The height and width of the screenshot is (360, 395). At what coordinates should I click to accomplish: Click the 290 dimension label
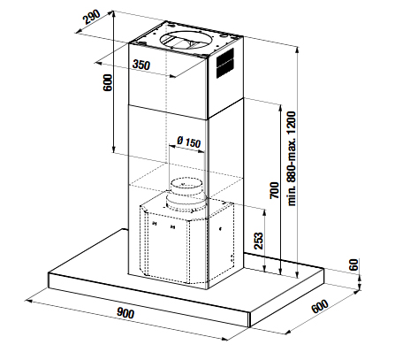92,17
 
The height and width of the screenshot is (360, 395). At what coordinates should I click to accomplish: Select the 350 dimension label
141,65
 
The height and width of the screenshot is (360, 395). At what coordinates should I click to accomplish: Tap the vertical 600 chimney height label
108,82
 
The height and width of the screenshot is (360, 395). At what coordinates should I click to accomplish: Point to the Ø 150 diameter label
188,142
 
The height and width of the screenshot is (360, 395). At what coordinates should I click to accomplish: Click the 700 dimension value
274,190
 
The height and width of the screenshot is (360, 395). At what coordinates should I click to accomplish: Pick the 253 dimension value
258,241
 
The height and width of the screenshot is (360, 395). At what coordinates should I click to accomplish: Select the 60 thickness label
353,264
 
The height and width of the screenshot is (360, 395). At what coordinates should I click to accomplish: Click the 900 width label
125,312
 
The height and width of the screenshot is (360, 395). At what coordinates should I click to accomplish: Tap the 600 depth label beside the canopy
320,307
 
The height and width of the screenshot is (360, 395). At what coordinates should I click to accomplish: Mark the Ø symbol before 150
180,140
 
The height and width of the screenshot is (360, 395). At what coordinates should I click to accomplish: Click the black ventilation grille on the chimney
225,63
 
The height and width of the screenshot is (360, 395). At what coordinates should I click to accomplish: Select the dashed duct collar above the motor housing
185,194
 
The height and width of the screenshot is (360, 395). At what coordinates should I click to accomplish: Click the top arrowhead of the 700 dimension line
281,107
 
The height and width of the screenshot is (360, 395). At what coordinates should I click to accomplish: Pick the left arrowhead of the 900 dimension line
28,301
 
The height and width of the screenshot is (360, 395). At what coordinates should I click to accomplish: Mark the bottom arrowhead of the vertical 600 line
113,149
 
